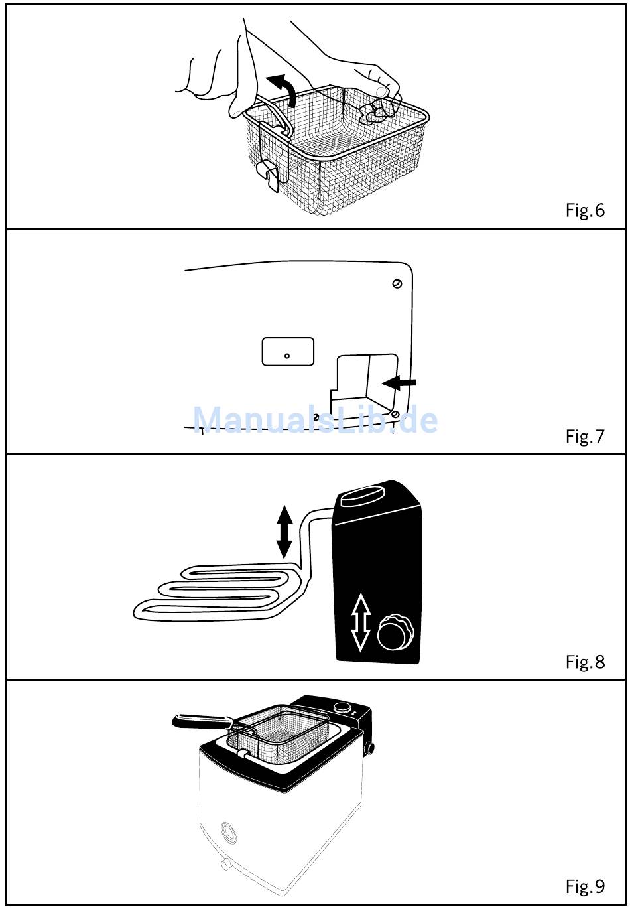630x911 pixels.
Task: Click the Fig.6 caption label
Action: point(585,210)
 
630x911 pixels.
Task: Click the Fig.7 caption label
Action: point(585,436)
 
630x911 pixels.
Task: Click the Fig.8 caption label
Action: point(585,662)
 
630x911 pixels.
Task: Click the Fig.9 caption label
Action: point(585,886)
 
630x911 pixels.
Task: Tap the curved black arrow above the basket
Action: point(283,89)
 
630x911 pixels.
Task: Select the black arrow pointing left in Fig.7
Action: point(401,382)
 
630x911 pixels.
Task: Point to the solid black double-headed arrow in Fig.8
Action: point(284,531)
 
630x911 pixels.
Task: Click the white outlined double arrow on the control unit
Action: point(360,622)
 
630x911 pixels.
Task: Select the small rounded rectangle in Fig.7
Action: point(288,351)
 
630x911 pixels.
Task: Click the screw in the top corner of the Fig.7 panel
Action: point(397,283)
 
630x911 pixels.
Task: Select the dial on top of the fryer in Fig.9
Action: point(342,707)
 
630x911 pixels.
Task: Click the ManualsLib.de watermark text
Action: point(315,420)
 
